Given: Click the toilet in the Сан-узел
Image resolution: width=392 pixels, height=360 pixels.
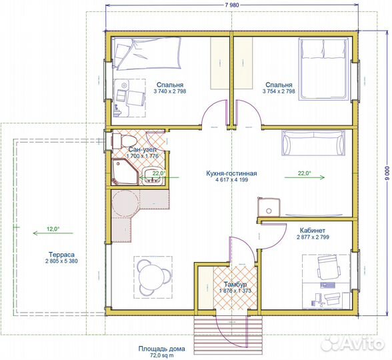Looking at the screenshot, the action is point(123,141).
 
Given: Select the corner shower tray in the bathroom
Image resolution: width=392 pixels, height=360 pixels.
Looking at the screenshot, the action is point(124,172).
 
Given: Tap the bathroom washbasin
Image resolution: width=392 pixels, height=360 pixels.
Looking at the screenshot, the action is point(152,176).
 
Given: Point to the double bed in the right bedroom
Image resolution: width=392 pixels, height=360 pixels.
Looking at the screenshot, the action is point(324,69).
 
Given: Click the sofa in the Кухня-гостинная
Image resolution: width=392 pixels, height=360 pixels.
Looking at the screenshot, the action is point(313,143).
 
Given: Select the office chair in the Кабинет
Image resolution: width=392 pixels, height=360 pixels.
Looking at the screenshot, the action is point(329,267).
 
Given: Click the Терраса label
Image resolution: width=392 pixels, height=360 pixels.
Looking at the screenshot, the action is point(61,255).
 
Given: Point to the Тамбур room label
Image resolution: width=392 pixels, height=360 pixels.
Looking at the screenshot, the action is point(235,285).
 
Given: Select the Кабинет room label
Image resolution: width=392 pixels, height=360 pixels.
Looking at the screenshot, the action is point(313,230).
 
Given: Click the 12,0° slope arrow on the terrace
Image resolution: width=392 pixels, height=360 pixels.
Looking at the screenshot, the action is point(53,233).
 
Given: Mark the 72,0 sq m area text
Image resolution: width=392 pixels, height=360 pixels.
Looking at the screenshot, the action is point(162,355).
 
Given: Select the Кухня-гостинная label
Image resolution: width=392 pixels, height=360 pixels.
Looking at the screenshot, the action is point(231,173).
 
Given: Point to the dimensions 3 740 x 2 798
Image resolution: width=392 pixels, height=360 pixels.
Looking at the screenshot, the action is point(170,91).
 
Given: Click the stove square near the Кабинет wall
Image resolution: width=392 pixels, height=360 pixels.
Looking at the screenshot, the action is point(269,207).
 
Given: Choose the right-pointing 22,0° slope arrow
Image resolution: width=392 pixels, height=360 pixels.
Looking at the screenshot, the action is point(305,177).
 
